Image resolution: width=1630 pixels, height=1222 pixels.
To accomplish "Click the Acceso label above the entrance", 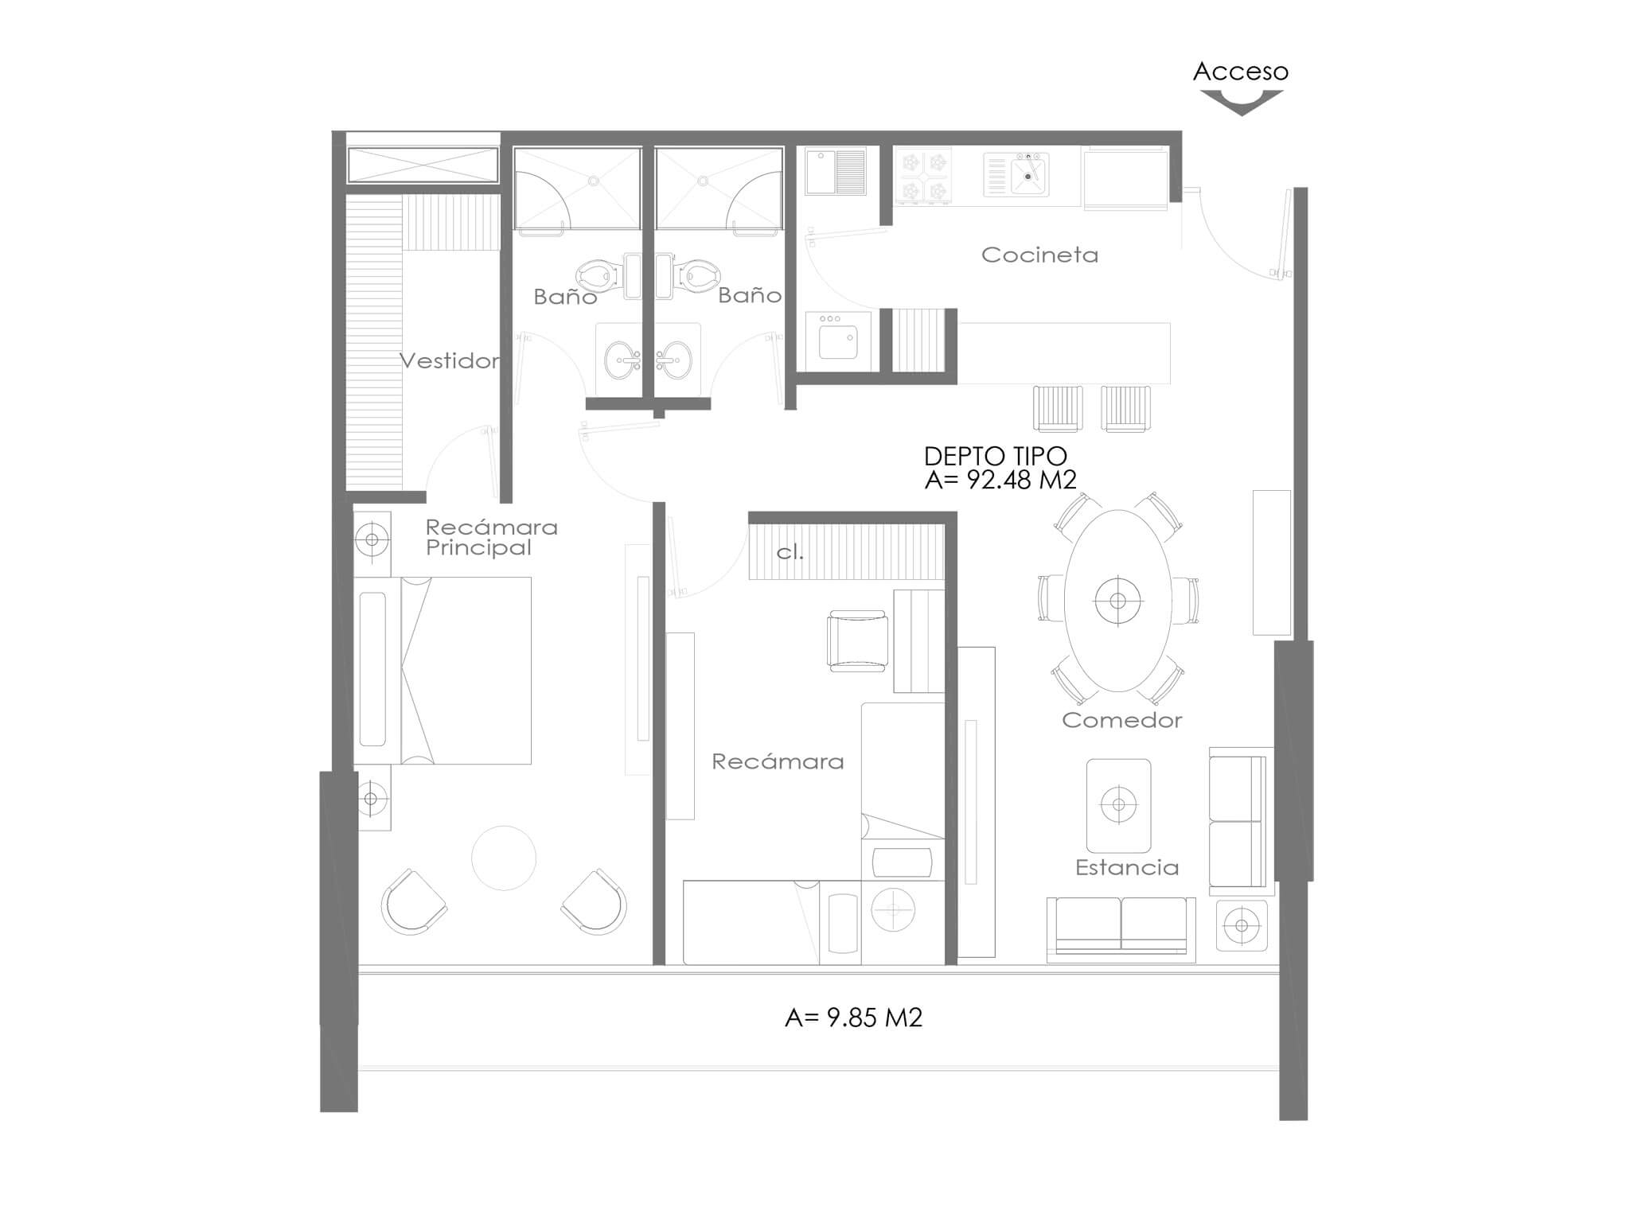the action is tap(1240, 72).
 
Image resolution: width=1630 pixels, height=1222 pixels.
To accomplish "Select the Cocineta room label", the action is tap(1039, 255).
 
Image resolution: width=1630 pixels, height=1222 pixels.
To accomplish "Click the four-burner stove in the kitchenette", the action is tap(923, 176).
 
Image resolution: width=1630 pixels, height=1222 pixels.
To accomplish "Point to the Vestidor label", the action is tap(450, 361).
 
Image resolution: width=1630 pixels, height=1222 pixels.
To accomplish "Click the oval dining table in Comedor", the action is tap(1118, 601).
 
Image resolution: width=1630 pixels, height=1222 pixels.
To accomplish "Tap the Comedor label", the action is tap(1122, 720).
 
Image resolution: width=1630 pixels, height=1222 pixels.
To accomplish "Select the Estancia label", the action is tap(1127, 867).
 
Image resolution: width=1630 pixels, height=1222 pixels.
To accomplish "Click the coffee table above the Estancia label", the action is tap(1118, 805).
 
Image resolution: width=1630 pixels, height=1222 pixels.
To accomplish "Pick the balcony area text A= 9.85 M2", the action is tap(853, 1018).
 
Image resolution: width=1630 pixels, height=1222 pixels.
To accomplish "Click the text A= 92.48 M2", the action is tap(1000, 479).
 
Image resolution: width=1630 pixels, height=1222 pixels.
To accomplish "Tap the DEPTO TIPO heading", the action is tap(995, 456).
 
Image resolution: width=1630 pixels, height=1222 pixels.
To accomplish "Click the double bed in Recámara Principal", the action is tap(443, 671).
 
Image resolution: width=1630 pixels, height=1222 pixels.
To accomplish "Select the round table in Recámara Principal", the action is tap(504, 858).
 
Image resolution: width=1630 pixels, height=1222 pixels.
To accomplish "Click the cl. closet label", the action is tap(790, 552).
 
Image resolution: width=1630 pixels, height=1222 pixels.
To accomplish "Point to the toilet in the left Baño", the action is tap(598, 276).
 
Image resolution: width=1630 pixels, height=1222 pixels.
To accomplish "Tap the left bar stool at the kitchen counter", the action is tap(1058, 408).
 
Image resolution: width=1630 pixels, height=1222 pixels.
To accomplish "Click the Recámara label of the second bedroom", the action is tap(778, 761).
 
